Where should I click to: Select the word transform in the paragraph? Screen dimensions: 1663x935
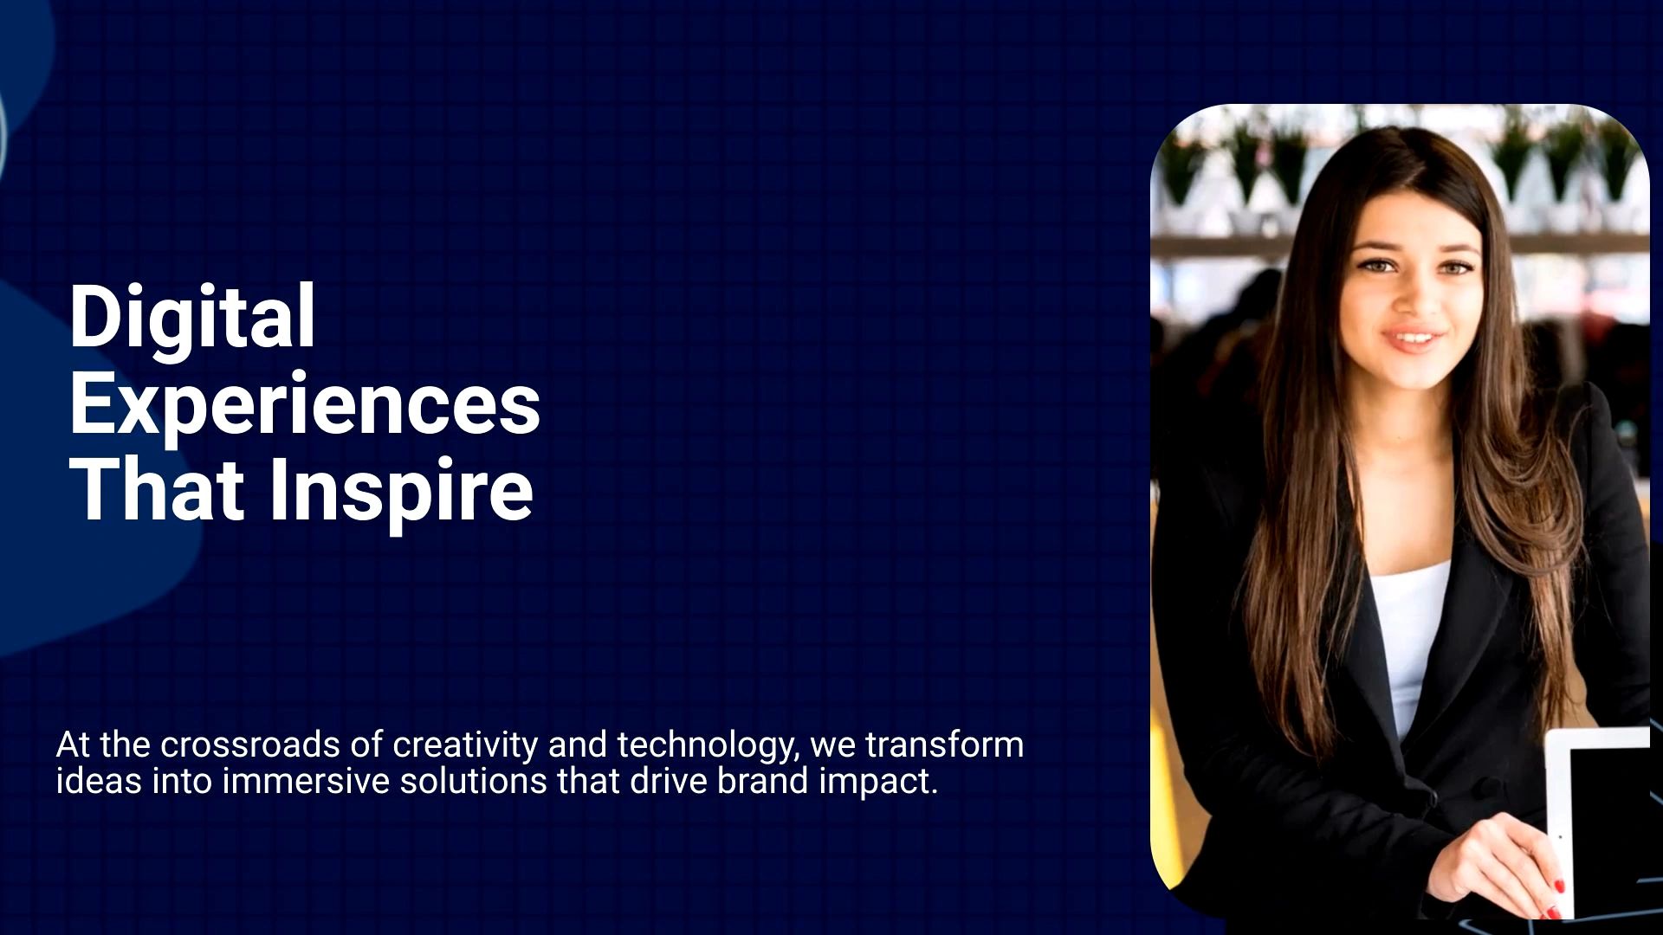pos(944,745)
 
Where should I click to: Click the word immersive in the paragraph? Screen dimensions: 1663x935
pos(306,781)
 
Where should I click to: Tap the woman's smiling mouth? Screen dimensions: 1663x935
pos(1413,338)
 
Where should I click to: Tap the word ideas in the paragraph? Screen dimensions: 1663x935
pos(98,781)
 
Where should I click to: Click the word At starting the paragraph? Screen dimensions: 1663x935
pos(73,745)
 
